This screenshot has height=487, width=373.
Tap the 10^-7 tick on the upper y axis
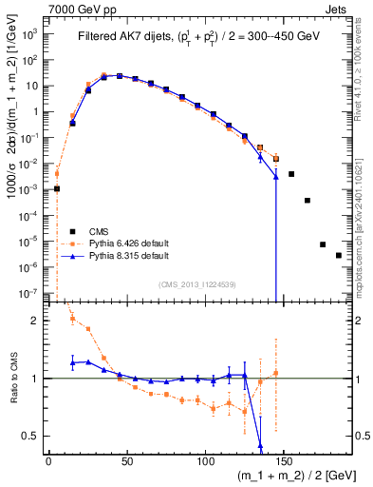30,294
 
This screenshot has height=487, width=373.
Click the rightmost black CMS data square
339,282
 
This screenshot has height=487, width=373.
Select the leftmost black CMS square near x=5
57,188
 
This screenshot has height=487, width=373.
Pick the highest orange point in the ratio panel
72,319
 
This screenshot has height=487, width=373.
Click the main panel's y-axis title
11,152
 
